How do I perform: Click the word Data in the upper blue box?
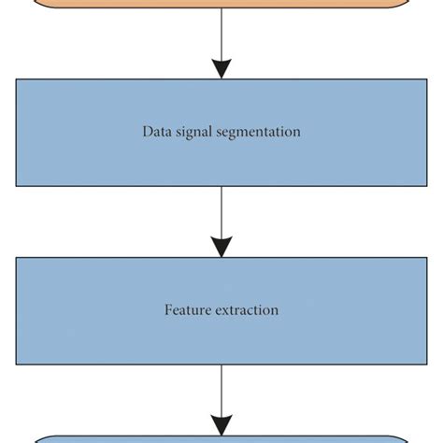click(157, 133)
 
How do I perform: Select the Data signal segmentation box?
click(221, 159)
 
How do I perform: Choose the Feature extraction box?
click(221, 336)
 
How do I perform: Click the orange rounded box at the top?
click(221, 4)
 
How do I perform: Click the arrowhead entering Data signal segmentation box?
click(221, 69)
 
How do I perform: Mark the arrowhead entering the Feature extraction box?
click(221, 247)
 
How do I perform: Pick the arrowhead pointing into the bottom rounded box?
click(221, 424)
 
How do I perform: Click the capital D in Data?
click(147, 133)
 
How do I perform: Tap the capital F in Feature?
click(169, 310)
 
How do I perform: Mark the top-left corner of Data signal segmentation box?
click(17, 80)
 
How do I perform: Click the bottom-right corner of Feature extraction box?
click(426, 363)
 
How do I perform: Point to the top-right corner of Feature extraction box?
click(426, 258)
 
